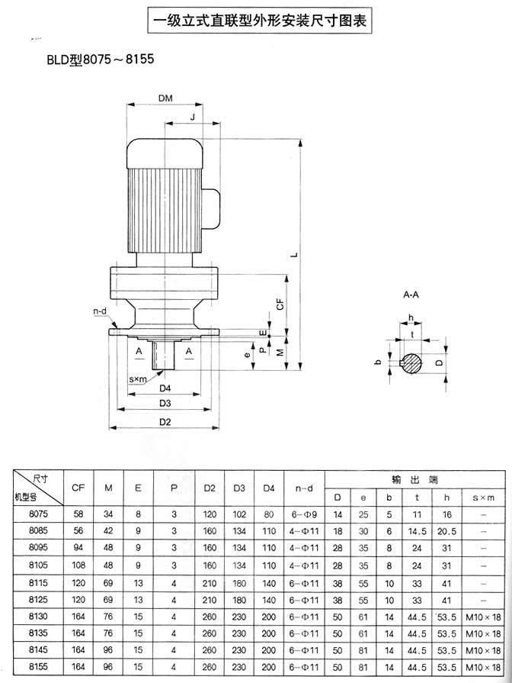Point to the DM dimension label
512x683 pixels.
click(x=165, y=98)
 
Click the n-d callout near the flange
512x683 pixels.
click(x=100, y=311)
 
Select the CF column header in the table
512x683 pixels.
click(x=77, y=486)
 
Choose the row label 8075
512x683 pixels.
click(x=37, y=514)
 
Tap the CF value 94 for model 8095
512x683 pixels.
click(x=77, y=548)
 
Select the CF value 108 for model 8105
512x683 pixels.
click(x=77, y=565)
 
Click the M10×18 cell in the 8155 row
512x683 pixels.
click(x=484, y=666)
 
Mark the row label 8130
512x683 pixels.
click(x=37, y=616)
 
